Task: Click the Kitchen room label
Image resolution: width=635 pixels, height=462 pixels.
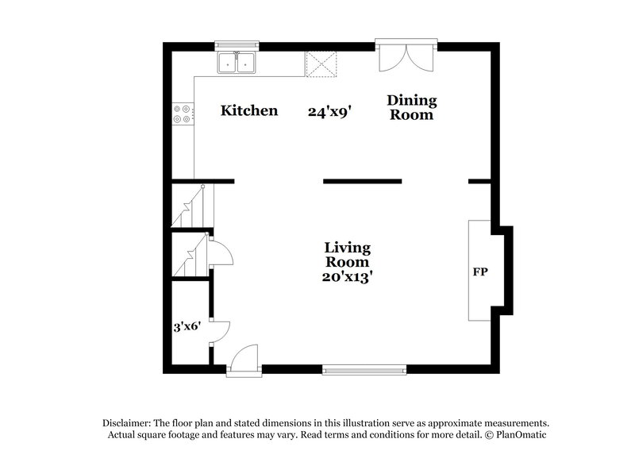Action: pos(249,110)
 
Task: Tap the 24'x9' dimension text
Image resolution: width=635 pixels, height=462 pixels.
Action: pos(329,111)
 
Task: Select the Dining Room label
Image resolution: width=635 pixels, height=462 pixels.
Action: pos(411,107)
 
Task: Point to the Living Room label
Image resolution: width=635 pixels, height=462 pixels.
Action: pos(347,255)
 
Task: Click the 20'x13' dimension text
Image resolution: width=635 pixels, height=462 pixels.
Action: pos(347,277)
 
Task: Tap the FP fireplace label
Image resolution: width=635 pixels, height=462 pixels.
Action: pos(480,272)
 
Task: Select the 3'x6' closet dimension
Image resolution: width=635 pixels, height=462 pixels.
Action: pos(187,326)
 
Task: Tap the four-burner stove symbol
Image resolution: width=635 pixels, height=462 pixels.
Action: pos(183,114)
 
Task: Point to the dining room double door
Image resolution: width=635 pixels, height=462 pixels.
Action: pos(406,56)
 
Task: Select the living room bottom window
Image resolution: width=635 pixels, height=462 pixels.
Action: pos(364,368)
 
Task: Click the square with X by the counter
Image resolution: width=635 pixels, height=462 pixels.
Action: pos(322,64)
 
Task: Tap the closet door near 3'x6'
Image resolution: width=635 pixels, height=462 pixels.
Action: pos(219,332)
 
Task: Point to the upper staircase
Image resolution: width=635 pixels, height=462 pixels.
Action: pos(189,208)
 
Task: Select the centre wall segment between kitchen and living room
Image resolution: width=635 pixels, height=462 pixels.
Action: pos(362,182)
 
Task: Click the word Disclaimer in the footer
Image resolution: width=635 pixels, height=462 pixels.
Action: pos(128,423)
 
